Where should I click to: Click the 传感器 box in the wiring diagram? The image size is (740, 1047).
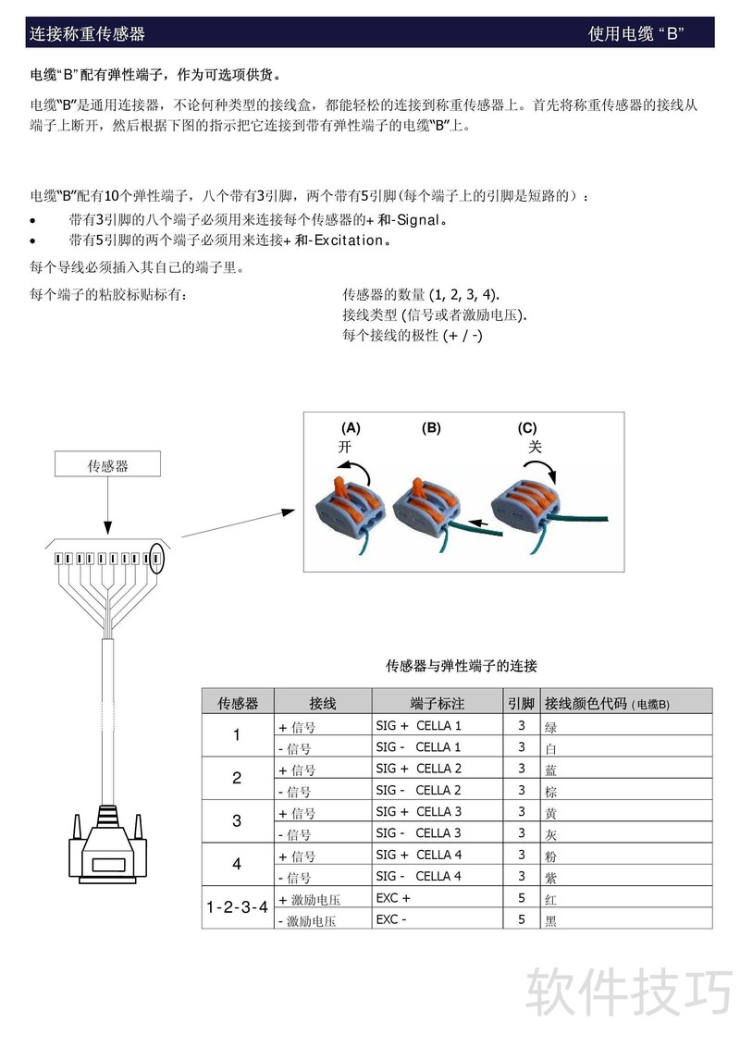tap(107, 466)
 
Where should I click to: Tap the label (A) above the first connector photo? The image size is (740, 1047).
tap(351, 428)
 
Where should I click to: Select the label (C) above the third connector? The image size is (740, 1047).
tap(527, 428)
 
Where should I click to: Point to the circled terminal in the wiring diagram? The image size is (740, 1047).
tap(157, 559)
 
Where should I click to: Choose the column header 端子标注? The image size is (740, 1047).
tap(437, 704)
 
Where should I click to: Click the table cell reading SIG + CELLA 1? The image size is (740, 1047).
tap(418, 726)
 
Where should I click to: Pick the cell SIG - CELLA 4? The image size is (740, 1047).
tap(418, 876)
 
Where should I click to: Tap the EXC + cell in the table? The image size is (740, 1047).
tap(393, 897)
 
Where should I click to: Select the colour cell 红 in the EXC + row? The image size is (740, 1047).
tap(551, 898)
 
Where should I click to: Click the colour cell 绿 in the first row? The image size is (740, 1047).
tap(551, 727)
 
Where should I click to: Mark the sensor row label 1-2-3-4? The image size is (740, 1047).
tap(237, 907)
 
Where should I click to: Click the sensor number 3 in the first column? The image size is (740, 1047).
tap(237, 821)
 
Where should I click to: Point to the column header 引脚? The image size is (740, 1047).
tap(521, 704)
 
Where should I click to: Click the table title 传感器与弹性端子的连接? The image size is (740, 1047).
tap(461, 665)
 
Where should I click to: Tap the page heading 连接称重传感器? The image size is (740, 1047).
tap(87, 34)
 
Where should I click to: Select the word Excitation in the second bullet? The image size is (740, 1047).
tap(349, 240)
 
